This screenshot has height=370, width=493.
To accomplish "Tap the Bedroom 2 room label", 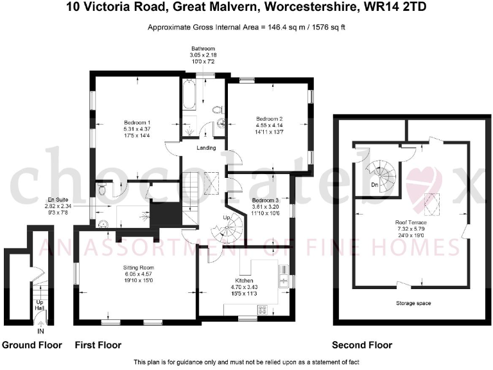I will coord(270,118).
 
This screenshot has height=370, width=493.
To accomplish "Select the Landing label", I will coord(206,149).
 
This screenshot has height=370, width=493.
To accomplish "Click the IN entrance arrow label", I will coord(40,331).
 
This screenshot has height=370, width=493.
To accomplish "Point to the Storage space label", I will coord(413,303).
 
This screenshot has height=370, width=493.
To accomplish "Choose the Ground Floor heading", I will coord(32,346).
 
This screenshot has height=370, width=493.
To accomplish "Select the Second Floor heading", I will coord(361,346).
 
